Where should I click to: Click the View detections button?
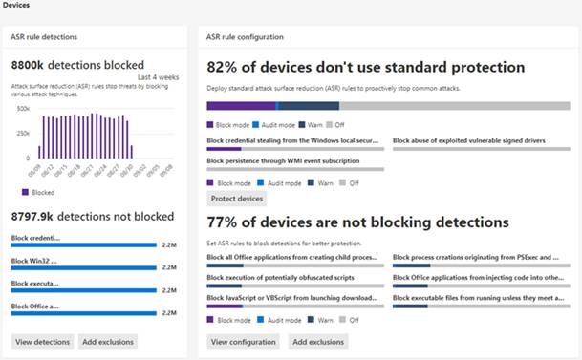pyautogui.click(x=44, y=341)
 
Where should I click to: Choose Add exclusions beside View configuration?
pyautogui.click(x=318, y=341)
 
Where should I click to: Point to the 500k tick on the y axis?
pyautogui.click(x=24, y=108)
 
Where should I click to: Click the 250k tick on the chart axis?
pyautogui.click(x=24, y=133)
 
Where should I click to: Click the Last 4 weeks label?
pyautogui.click(x=159, y=76)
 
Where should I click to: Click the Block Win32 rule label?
pyautogui.click(x=35, y=260)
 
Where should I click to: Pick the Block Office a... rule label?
pyautogui.click(x=35, y=306)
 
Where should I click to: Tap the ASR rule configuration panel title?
pyautogui.click(x=246, y=37)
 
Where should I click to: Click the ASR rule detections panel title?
pyautogui.click(x=45, y=37)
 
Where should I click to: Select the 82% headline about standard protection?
pyautogui.click(x=366, y=68)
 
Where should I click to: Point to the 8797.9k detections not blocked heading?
pyautogui.click(x=92, y=217)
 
